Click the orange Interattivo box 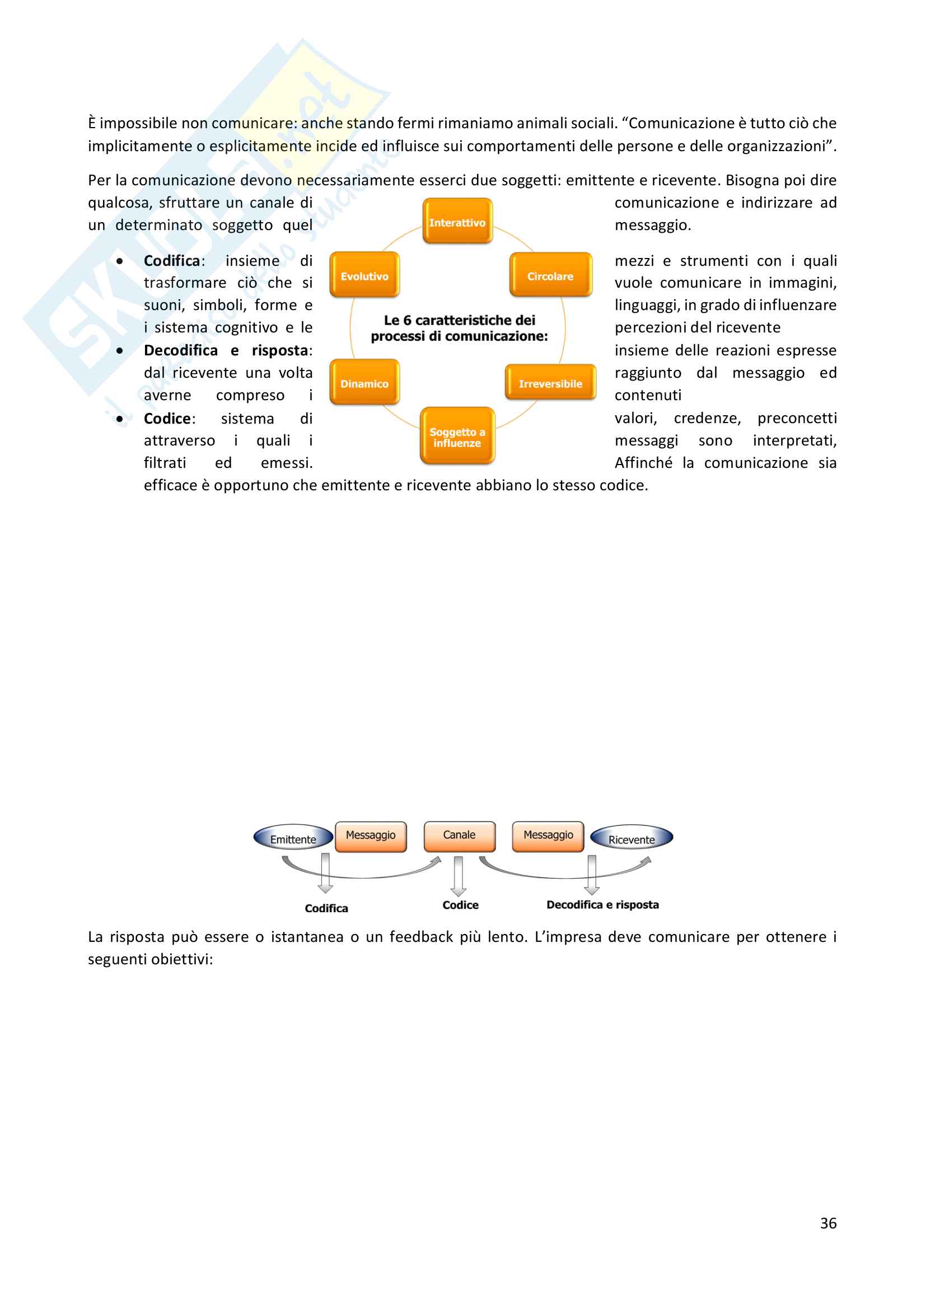457,221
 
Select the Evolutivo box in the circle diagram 364,275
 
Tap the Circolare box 550,275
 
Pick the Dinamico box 364,383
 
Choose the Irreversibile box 550,383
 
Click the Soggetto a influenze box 457,436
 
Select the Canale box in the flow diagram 459,836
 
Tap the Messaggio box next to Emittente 371,836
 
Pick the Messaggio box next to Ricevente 548,836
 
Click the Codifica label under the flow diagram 326,908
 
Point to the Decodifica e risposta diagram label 602,905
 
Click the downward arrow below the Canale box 459,876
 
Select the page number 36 828,1223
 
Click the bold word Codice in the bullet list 167,419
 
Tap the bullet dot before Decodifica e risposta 120,351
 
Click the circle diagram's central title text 459,329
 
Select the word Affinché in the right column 643,463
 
